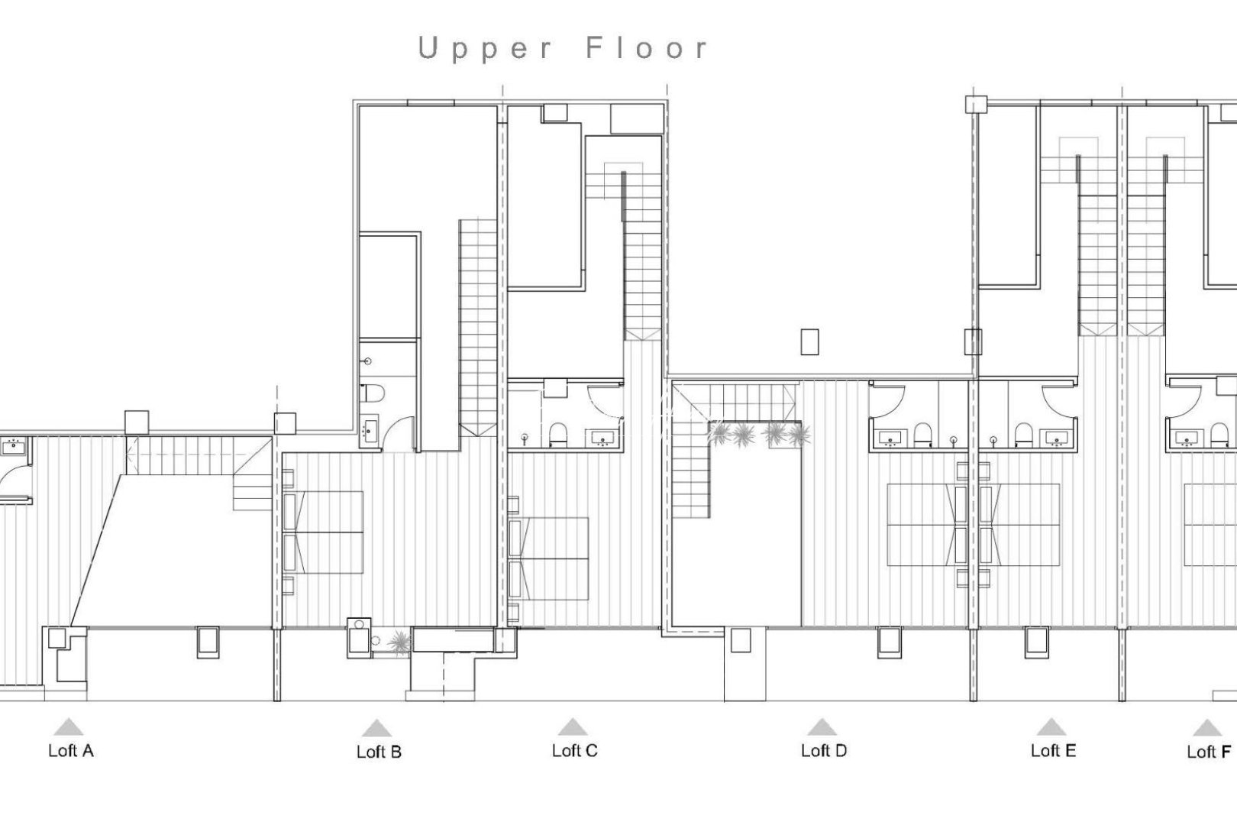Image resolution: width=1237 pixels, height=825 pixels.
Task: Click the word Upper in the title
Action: (484, 49)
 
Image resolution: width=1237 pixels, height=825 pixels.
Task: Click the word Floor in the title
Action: (648, 48)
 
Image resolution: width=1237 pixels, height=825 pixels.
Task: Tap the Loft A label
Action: (70, 750)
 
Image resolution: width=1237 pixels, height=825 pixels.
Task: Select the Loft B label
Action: (379, 752)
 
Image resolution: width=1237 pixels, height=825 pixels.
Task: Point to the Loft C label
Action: (574, 750)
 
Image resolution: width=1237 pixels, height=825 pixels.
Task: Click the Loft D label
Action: (823, 750)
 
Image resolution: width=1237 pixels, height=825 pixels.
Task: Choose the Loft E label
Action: (1052, 750)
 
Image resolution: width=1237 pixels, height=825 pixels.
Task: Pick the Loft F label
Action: (1208, 752)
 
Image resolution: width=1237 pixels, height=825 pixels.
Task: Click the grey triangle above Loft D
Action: (821, 726)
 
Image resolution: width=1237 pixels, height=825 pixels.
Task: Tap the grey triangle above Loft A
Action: (69, 726)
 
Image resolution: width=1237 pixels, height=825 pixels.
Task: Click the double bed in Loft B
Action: (325, 532)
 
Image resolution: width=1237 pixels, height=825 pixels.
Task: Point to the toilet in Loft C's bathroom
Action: (558, 433)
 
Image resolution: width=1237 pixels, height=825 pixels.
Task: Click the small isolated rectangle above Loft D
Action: (809, 341)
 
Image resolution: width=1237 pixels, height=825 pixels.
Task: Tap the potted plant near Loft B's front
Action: (399, 642)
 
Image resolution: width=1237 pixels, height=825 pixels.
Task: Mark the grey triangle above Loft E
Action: (1051, 726)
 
